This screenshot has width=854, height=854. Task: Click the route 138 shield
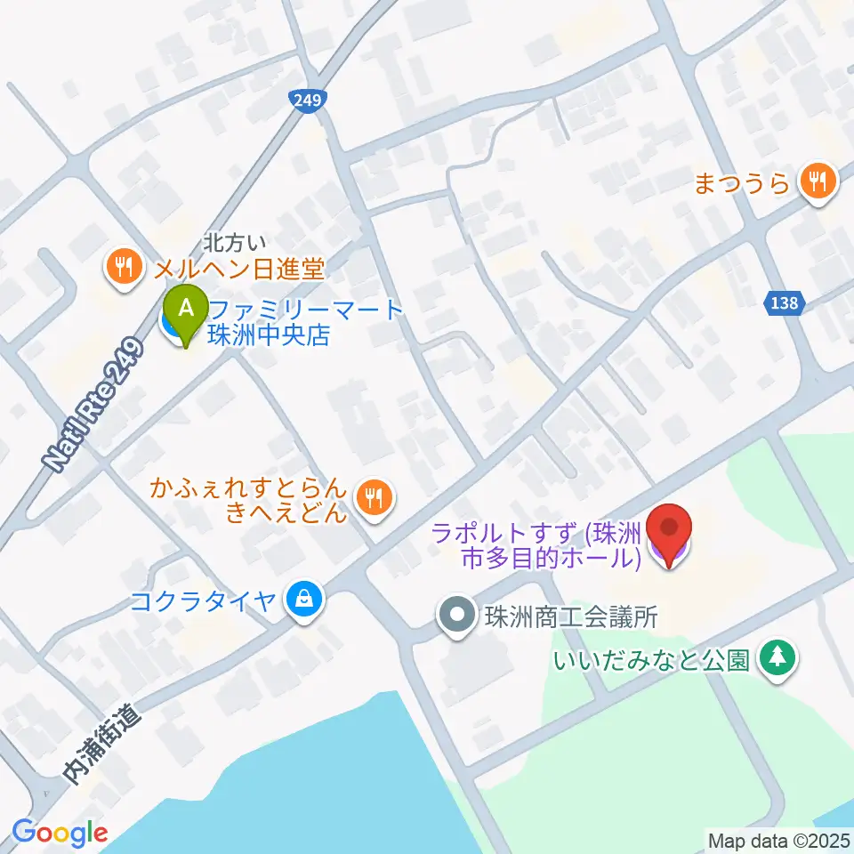(x=784, y=304)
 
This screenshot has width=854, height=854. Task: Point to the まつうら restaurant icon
(x=815, y=182)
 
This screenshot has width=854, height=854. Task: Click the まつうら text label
(x=742, y=184)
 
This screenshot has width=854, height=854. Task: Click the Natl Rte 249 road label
(x=93, y=405)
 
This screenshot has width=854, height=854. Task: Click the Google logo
(x=60, y=833)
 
